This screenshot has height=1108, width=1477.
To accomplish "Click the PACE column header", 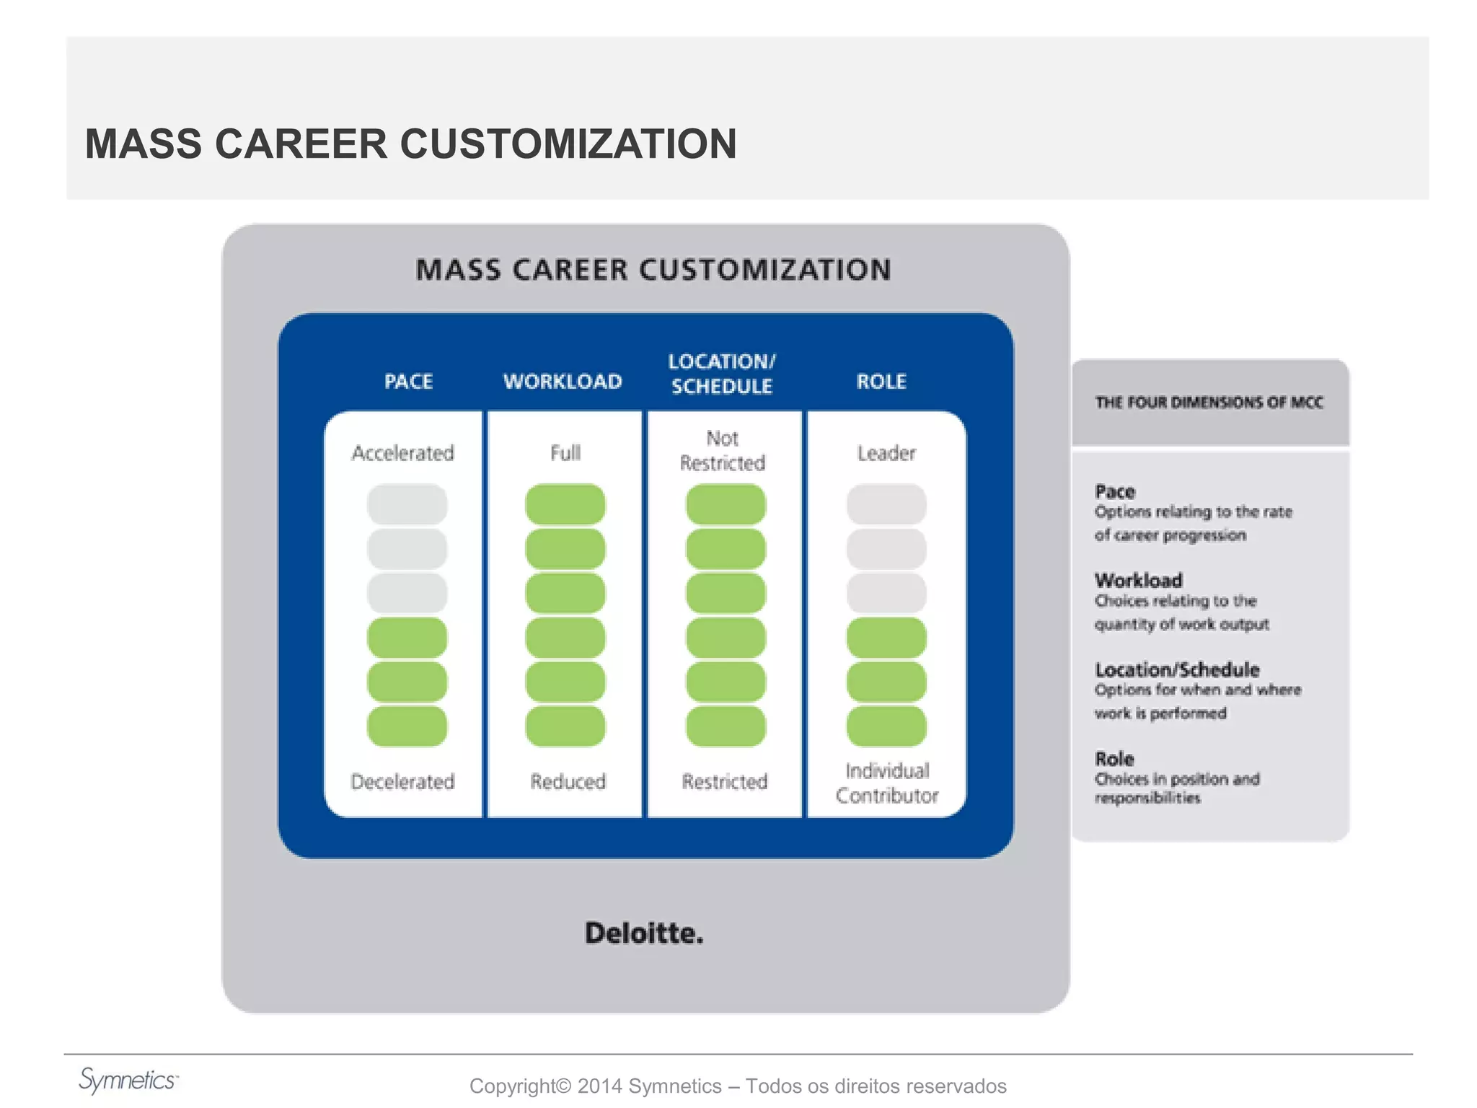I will [x=408, y=381].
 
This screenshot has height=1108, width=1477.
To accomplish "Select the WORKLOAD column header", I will [x=563, y=381].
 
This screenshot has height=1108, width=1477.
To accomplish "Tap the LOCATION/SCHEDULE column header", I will [x=722, y=374].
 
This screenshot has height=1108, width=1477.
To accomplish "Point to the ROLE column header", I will [x=881, y=381].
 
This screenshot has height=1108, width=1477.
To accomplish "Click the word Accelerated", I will [x=403, y=453].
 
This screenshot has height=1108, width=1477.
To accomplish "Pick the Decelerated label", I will [x=402, y=781].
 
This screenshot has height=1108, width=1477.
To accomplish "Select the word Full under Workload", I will [x=565, y=453].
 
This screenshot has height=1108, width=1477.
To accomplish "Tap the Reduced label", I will [x=568, y=781].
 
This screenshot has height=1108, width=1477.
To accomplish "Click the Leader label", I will [x=886, y=453].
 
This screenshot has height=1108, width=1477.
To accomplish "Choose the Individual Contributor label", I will [x=887, y=783].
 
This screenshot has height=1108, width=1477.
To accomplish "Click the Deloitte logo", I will [x=644, y=933].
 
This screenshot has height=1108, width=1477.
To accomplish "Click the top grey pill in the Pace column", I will [x=407, y=504].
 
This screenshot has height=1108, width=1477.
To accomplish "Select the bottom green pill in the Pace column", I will [x=407, y=726].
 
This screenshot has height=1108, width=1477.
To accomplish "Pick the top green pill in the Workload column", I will [x=565, y=504].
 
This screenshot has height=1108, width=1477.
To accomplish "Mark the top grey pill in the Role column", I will [x=886, y=504].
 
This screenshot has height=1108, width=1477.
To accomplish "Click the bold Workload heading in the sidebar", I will [x=1139, y=580].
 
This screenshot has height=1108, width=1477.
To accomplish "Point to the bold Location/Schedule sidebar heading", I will [x=1177, y=669].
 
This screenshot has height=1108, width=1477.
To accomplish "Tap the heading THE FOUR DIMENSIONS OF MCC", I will [x=1209, y=403].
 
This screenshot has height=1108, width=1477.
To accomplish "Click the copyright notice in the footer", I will [x=738, y=1086].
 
